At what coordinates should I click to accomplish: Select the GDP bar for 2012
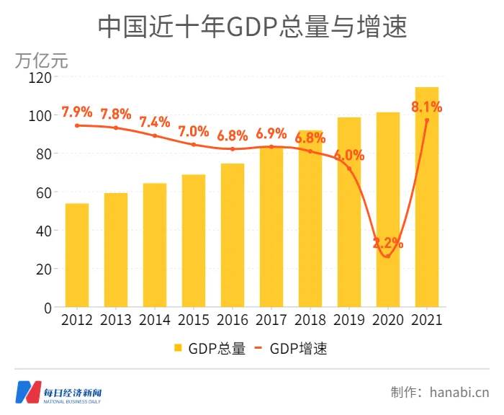pos(77,256)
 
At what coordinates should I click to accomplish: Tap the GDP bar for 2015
pos(194,241)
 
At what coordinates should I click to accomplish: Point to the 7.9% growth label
pos(77,112)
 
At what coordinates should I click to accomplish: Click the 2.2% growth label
pos(388,243)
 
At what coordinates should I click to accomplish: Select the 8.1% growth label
pos(426,107)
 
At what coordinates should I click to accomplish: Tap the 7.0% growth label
pos(194,131)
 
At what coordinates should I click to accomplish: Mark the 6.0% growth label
pos(349,155)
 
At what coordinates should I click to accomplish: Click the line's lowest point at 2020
pos(388,256)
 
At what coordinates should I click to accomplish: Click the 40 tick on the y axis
pos(44,231)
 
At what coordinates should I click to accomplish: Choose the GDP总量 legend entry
pos(210,349)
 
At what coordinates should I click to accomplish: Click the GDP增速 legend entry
pos(291,349)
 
